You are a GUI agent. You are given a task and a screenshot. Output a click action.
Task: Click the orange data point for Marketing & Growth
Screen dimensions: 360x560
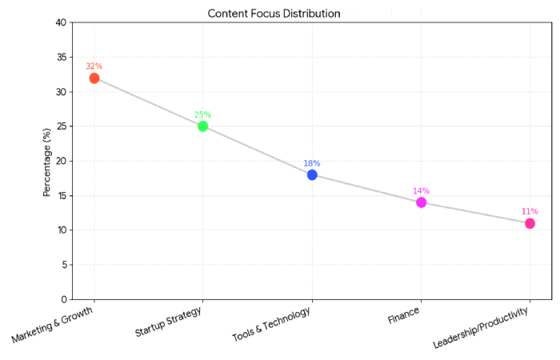[x=94, y=78]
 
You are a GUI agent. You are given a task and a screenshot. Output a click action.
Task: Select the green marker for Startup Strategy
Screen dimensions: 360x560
[x=203, y=126]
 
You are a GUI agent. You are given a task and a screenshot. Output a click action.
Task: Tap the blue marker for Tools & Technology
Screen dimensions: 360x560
[x=312, y=174]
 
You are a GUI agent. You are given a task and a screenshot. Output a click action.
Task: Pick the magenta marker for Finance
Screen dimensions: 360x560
[x=421, y=202]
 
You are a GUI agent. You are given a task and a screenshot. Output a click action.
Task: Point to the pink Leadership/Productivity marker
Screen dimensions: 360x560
[x=530, y=223]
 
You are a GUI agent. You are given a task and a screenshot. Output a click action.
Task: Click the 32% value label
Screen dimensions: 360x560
[x=94, y=66]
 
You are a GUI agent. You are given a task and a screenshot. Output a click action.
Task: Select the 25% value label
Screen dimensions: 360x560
[x=203, y=114]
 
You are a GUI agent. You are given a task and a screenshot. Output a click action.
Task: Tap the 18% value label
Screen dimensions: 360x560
[x=312, y=163]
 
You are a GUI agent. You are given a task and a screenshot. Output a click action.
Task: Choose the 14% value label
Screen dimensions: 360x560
[x=421, y=191]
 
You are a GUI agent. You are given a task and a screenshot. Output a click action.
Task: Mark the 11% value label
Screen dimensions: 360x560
[x=530, y=212]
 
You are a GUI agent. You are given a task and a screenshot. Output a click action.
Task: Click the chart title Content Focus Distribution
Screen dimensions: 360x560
[x=274, y=14]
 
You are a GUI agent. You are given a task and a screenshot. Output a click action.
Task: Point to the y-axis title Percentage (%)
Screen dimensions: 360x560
[x=47, y=162]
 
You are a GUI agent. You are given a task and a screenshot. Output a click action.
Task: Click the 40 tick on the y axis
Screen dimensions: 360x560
[x=61, y=22]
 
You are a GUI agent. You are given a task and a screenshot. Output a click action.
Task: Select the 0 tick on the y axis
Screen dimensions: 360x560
[x=63, y=299]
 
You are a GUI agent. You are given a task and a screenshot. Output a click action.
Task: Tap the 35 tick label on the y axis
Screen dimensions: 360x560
[x=61, y=58]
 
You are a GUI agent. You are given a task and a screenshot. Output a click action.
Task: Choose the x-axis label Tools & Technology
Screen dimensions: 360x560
[x=273, y=324]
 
